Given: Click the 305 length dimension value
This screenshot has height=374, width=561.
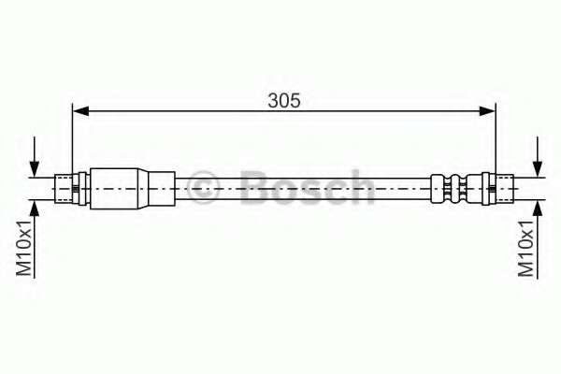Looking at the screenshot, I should point(284,100).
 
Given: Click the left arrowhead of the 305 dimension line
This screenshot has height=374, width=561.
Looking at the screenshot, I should point(80,111).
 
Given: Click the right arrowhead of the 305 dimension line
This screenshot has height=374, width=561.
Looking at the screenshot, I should point(488,111).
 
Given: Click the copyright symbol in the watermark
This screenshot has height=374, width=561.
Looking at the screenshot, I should point(204,187).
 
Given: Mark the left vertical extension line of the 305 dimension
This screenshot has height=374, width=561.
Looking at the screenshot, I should point(72,140).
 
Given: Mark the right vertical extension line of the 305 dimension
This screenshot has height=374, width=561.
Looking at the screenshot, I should point(496,140).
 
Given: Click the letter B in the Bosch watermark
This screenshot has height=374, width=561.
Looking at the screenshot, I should point(254,187).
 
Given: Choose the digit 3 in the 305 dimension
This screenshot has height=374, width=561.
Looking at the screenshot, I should point(272,100).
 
